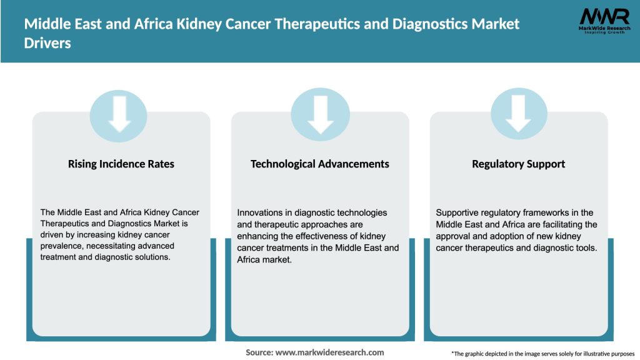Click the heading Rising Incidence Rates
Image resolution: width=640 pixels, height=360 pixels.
tap(121, 164)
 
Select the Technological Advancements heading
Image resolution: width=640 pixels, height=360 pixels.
tap(320, 164)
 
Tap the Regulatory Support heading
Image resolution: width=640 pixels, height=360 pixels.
tap(519, 164)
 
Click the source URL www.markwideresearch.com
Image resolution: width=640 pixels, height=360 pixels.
tap(330, 352)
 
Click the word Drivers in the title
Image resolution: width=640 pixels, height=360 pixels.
tap(47, 44)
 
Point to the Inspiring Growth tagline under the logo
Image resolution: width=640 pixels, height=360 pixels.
tap(604, 32)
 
